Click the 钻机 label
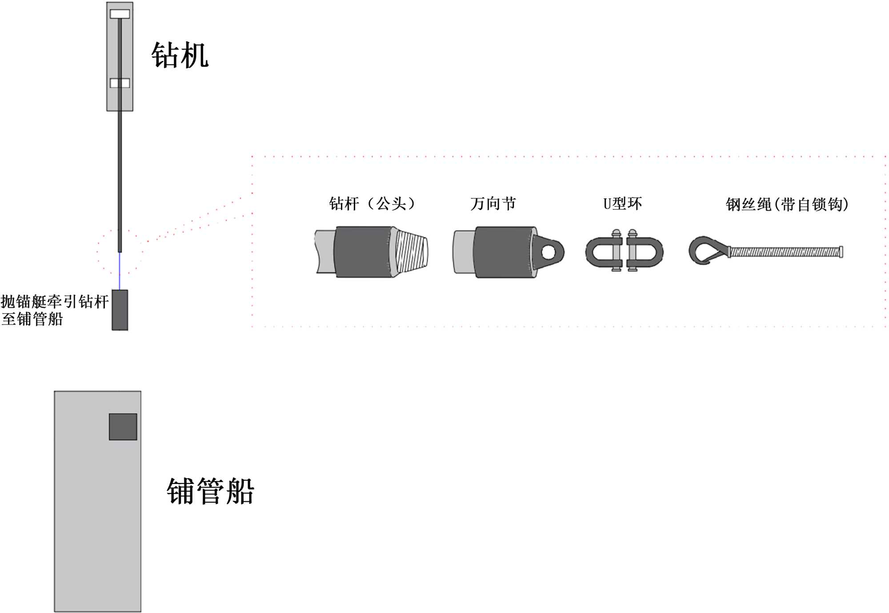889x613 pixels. point(180,56)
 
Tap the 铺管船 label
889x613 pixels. point(210,492)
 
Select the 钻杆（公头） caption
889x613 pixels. point(372,204)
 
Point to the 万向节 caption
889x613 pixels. point(493,204)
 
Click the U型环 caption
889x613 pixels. point(622,204)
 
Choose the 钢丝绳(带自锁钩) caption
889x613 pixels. point(787,204)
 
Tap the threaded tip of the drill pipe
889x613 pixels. point(412,252)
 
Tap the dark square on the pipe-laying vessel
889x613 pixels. point(123,427)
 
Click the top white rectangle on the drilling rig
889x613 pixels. point(120,14)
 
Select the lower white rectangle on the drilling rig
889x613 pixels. point(120,83)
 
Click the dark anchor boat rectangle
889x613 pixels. point(120,310)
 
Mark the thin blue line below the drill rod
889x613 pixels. point(120,271)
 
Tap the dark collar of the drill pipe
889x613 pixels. point(362,252)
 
